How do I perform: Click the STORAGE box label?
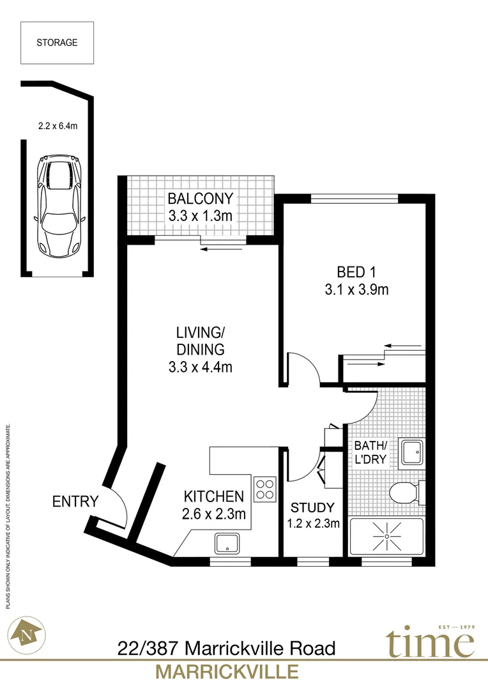coord(57,43)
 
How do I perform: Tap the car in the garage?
coord(59,206)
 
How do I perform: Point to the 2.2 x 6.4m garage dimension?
coord(57,126)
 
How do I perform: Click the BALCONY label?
coord(200,199)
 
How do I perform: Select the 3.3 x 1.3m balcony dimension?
coord(200,216)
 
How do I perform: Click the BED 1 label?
coord(356,272)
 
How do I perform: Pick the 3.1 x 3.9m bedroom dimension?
coord(356,289)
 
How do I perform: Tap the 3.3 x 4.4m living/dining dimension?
coord(200,367)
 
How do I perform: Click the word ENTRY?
coord(75,502)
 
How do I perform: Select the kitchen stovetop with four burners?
coord(265,489)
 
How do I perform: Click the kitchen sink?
coord(227,544)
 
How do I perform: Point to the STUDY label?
coord(312,507)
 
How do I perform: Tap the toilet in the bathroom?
coord(407,493)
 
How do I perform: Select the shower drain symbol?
coord(387,537)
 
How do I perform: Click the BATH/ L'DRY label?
coord(370,452)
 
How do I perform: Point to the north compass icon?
coord(26,634)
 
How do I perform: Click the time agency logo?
coord(431,641)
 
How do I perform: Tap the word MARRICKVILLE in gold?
coord(227,672)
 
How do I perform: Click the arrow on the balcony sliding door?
coord(222,250)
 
